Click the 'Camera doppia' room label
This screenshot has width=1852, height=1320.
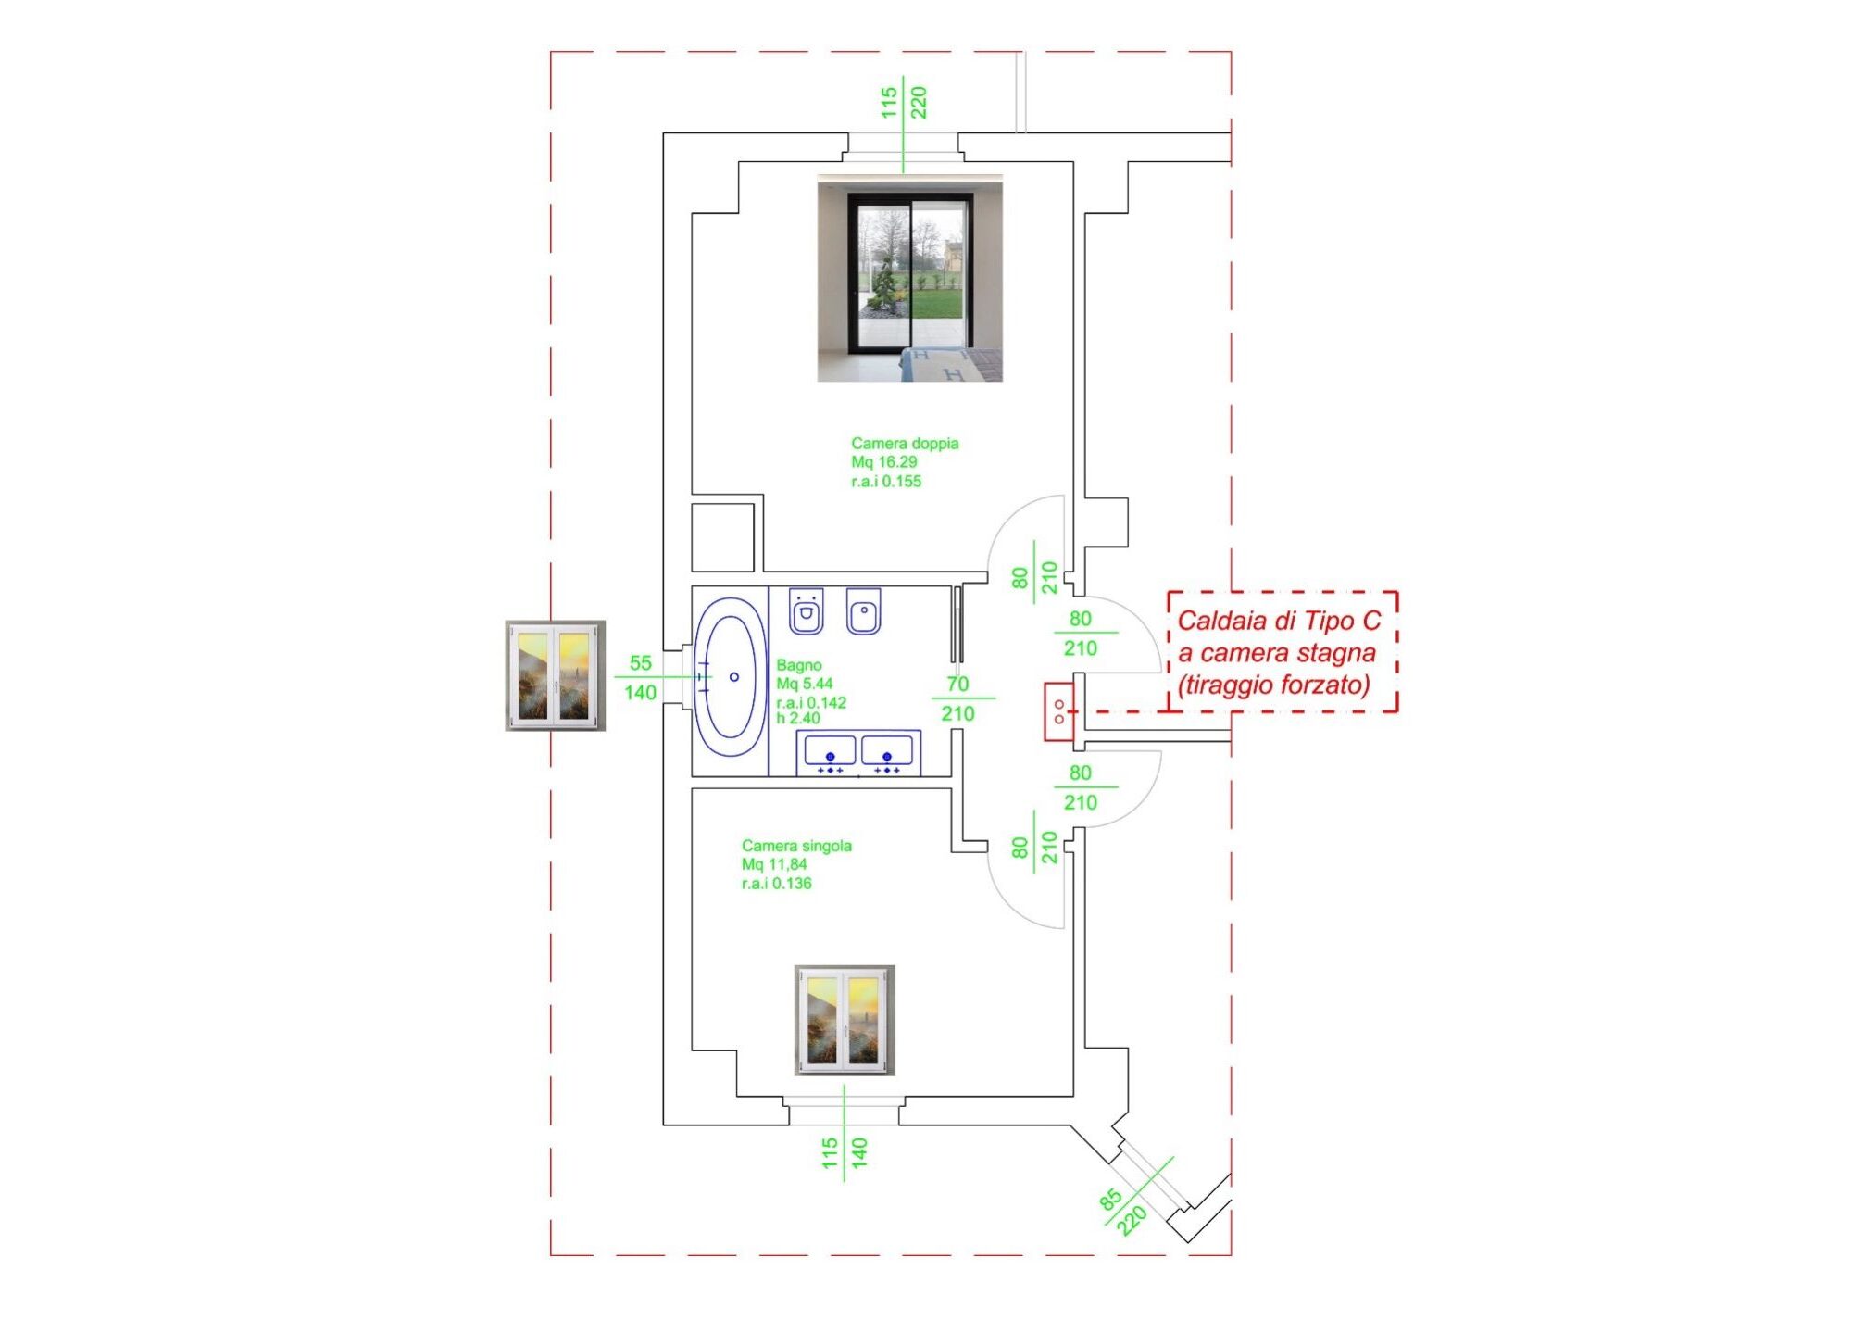pyautogui.click(x=905, y=444)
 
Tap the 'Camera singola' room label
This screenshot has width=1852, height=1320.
pyautogui.click(x=796, y=846)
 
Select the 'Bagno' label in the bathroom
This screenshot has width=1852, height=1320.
pyautogui.click(x=798, y=665)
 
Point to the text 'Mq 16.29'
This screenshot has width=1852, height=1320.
pyautogui.click(x=884, y=462)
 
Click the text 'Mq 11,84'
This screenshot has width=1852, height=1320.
pyautogui.click(x=774, y=864)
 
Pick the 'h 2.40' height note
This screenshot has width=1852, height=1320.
pyautogui.click(x=797, y=718)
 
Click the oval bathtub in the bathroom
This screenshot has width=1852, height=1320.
pyautogui.click(x=731, y=677)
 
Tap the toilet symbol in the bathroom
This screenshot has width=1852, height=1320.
pyautogui.click(x=806, y=610)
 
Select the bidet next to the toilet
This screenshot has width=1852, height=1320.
pyautogui.click(x=863, y=610)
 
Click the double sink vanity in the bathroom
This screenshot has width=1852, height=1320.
pyautogui.click(x=858, y=753)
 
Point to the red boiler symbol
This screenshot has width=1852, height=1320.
pyautogui.click(x=1059, y=711)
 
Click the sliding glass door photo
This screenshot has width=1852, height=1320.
pyautogui.click(x=909, y=278)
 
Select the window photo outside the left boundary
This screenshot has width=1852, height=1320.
pyautogui.click(x=555, y=676)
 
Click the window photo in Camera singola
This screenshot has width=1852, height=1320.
pyautogui.click(x=845, y=1020)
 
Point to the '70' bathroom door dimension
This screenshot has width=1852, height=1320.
pyautogui.click(x=957, y=684)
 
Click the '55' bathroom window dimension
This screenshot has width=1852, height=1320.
pyautogui.click(x=640, y=663)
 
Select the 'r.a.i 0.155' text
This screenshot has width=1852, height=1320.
pyautogui.click(x=886, y=482)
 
